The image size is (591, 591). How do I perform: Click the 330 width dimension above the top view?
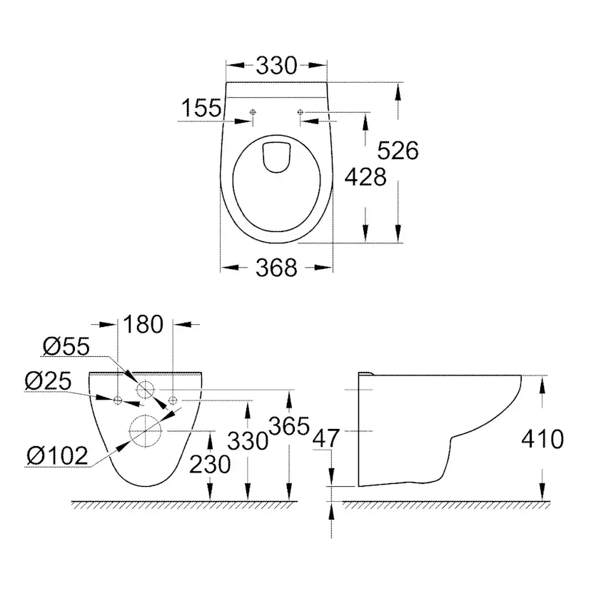click(x=276, y=66)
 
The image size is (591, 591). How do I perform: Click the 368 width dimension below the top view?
click(x=276, y=268)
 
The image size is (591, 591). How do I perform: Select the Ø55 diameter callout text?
click(x=66, y=347)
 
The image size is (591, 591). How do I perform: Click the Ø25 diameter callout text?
click(x=48, y=381)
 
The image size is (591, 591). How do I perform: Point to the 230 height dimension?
click(x=211, y=464)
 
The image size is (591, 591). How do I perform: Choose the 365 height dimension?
click(x=289, y=426)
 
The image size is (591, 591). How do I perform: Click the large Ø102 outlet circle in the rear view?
click(x=146, y=431)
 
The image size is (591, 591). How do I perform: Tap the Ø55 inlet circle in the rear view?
click(x=146, y=390)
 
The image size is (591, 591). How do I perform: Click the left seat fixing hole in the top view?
click(x=253, y=112)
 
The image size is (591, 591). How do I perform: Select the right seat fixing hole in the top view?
click(x=300, y=112)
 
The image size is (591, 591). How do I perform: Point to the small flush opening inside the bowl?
click(x=277, y=156)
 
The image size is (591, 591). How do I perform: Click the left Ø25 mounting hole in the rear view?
click(x=118, y=399)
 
